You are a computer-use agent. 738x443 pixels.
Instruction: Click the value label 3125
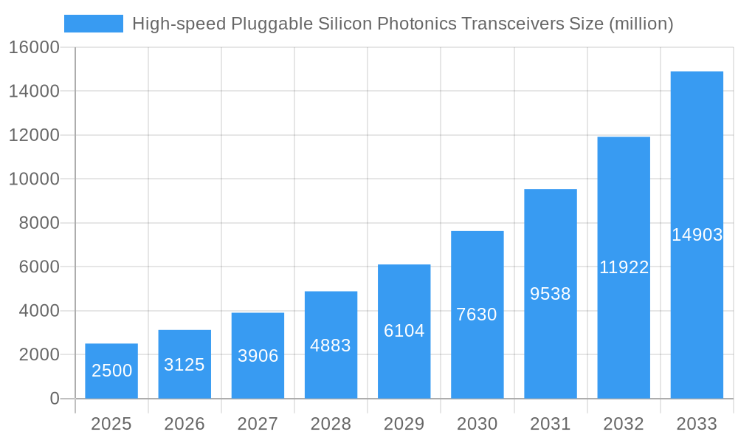[x=184, y=365]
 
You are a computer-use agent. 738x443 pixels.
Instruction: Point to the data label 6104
[x=404, y=331]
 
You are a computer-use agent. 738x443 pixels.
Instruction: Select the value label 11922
[x=624, y=267]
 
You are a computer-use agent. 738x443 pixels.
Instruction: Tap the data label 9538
[x=550, y=294]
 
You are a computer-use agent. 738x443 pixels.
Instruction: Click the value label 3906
[x=258, y=356]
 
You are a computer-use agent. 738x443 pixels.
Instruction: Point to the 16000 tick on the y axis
[x=33, y=47]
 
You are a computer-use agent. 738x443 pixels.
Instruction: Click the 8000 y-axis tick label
[x=39, y=223]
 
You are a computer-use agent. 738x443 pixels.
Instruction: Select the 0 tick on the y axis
[x=54, y=399]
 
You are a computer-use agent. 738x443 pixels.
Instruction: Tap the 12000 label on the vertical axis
[x=33, y=135]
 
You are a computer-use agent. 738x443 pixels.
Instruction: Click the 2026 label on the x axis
[x=184, y=424]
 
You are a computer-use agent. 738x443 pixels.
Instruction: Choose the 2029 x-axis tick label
[x=404, y=424]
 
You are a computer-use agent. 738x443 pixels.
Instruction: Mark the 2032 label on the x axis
[x=624, y=424]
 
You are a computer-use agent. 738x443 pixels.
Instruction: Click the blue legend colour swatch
[x=94, y=24]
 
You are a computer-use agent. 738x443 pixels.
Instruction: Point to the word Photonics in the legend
[x=416, y=24]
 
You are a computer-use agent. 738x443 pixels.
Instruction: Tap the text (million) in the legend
[x=641, y=24]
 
